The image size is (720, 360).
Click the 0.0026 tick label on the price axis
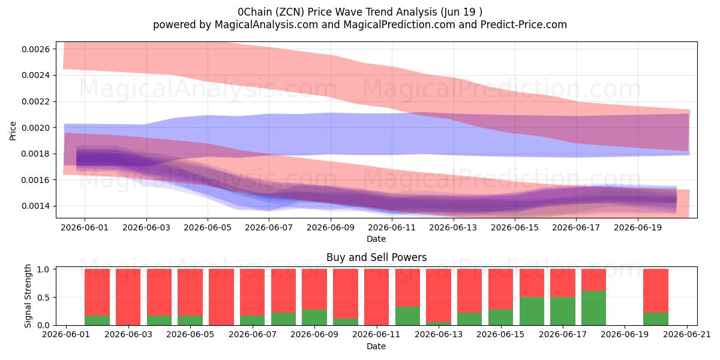(35, 49)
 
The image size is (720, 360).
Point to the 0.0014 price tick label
(35, 206)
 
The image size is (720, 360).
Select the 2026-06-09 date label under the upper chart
(331, 228)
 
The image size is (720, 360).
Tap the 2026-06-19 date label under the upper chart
(638, 228)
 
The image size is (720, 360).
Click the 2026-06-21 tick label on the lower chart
(687, 335)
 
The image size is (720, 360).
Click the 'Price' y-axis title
(13, 131)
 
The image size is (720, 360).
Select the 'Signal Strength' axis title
(28, 296)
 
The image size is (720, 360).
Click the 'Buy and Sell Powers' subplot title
(376, 257)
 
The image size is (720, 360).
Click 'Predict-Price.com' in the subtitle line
(524, 25)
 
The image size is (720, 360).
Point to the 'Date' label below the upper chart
(376, 239)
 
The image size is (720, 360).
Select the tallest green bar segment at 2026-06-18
(593, 308)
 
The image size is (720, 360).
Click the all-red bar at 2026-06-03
(128, 297)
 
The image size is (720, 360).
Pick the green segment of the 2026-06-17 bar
(563, 311)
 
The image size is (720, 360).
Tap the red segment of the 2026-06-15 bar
(501, 289)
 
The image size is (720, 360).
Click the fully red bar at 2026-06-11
(376, 297)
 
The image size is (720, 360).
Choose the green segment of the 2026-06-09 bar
(314, 317)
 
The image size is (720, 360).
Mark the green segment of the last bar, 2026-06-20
(656, 319)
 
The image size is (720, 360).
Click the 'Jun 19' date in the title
(458, 12)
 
